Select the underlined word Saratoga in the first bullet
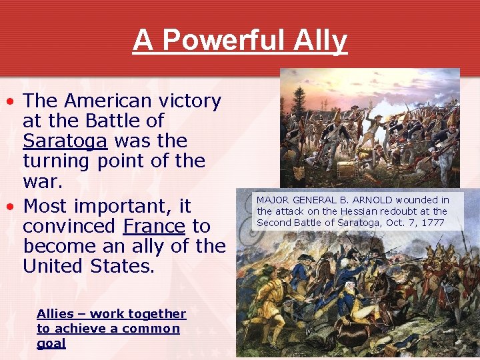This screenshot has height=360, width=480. point(65,141)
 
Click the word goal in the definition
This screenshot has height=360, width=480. point(51,343)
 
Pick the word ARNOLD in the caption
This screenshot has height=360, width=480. point(369,200)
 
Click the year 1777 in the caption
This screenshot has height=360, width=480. point(431,223)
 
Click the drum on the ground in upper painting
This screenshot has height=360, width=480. point(346,170)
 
